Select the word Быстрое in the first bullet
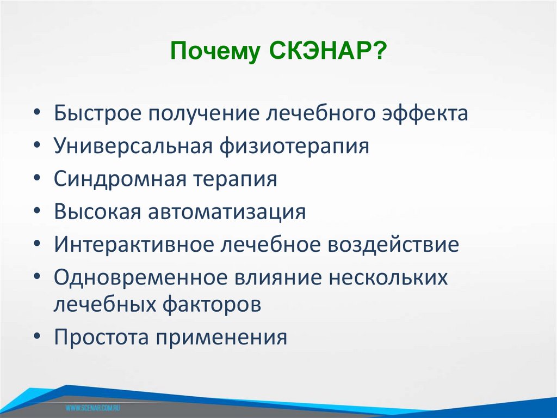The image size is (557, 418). (x=103, y=114)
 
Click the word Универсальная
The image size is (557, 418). (x=132, y=147)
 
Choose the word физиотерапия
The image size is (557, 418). (x=294, y=147)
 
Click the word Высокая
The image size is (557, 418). (x=96, y=211)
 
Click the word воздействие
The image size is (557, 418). (x=393, y=244)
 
